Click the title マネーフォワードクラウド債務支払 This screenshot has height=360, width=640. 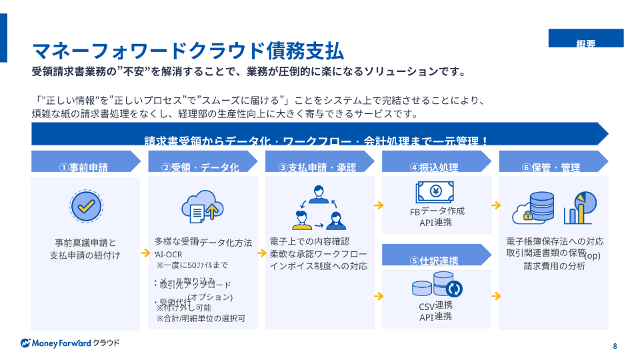[188, 51]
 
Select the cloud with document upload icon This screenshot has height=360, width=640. [201, 207]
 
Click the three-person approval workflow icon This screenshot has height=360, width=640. [319, 207]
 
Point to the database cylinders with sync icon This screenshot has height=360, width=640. [437, 287]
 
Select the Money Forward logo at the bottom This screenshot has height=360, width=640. [70, 343]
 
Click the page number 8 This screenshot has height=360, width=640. [615, 346]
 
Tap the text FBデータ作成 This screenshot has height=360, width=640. [437, 211]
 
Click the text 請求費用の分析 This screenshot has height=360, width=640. [554, 266]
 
